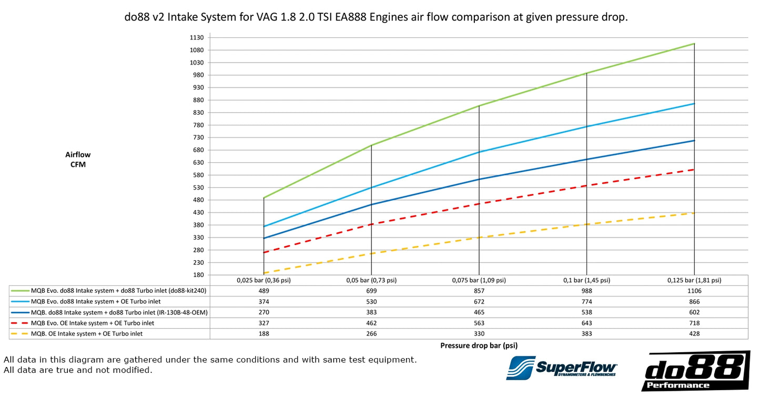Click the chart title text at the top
(x=376, y=17)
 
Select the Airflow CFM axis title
(x=78, y=160)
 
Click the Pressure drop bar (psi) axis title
(x=478, y=346)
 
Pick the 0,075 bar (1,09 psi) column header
(x=479, y=280)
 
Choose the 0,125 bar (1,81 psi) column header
(x=694, y=280)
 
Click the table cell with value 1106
(x=694, y=291)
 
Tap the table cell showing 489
(x=264, y=291)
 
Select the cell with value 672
(x=479, y=302)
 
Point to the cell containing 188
(x=264, y=334)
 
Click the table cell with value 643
(x=586, y=323)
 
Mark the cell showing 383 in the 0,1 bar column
(x=586, y=334)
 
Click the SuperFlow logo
(x=561, y=368)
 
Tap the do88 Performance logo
(x=695, y=371)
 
